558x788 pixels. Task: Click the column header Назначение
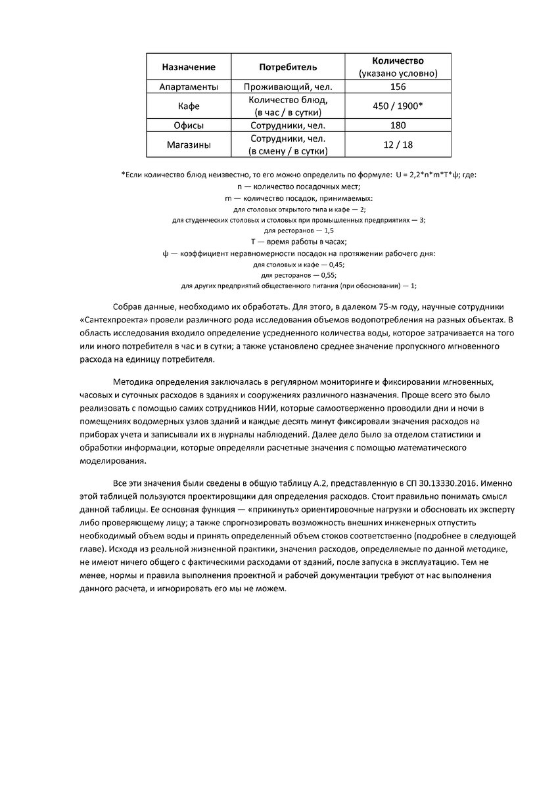(189, 67)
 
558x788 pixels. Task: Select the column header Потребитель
(288, 67)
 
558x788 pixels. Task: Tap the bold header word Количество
(398, 61)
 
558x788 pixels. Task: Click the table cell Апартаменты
(189, 87)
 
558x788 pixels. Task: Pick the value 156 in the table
(398, 87)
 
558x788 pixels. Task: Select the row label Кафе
(189, 106)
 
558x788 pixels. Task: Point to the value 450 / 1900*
(398, 106)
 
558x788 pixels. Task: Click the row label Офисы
(189, 125)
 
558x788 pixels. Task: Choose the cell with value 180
(398, 125)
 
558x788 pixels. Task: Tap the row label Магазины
(189, 144)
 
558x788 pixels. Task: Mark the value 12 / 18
(398, 144)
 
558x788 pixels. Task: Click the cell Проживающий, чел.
(288, 87)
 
